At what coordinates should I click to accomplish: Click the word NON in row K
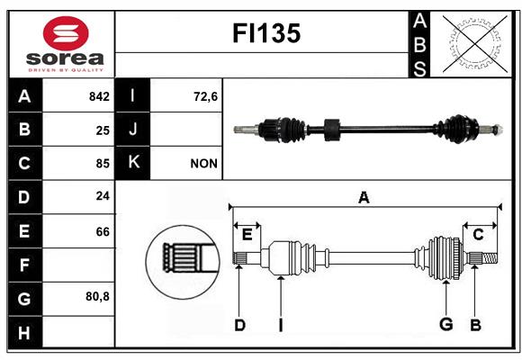coord(202,164)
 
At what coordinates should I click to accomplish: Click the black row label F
coord(24,265)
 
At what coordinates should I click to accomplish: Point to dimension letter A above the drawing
coord(364,197)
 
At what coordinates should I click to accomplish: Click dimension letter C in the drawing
coord(479,235)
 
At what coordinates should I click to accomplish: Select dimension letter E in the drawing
coord(247,235)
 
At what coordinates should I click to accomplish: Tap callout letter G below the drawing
coord(445,324)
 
